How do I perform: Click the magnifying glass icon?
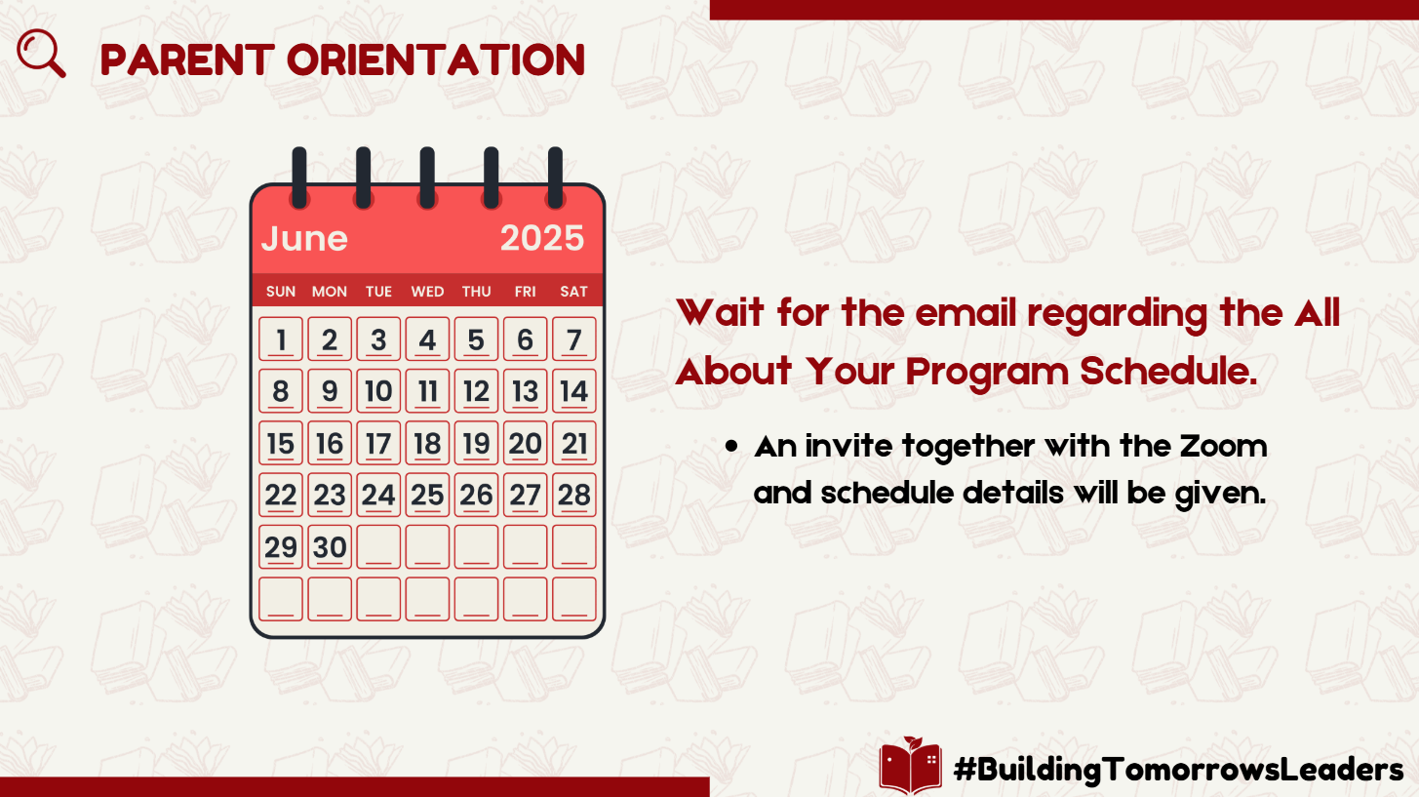click(x=41, y=54)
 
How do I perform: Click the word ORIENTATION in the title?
click(x=436, y=60)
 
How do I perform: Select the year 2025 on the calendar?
click(x=541, y=238)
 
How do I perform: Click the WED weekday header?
click(x=427, y=292)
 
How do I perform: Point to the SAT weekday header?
click(x=573, y=292)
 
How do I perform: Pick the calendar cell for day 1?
click(x=281, y=339)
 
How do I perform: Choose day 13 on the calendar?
click(x=525, y=391)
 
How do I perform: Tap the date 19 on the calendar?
click(x=476, y=443)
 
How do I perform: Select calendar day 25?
click(x=427, y=495)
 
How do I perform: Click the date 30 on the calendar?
click(x=330, y=546)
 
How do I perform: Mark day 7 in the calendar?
click(x=573, y=339)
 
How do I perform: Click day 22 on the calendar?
click(x=281, y=495)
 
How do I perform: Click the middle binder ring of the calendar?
click(x=427, y=178)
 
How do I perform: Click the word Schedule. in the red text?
click(x=1168, y=371)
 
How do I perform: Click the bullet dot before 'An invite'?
click(x=731, y=446)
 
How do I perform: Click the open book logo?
click(x=910, y=766)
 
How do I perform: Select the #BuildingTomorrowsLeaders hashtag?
click(x=1178, y=770)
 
